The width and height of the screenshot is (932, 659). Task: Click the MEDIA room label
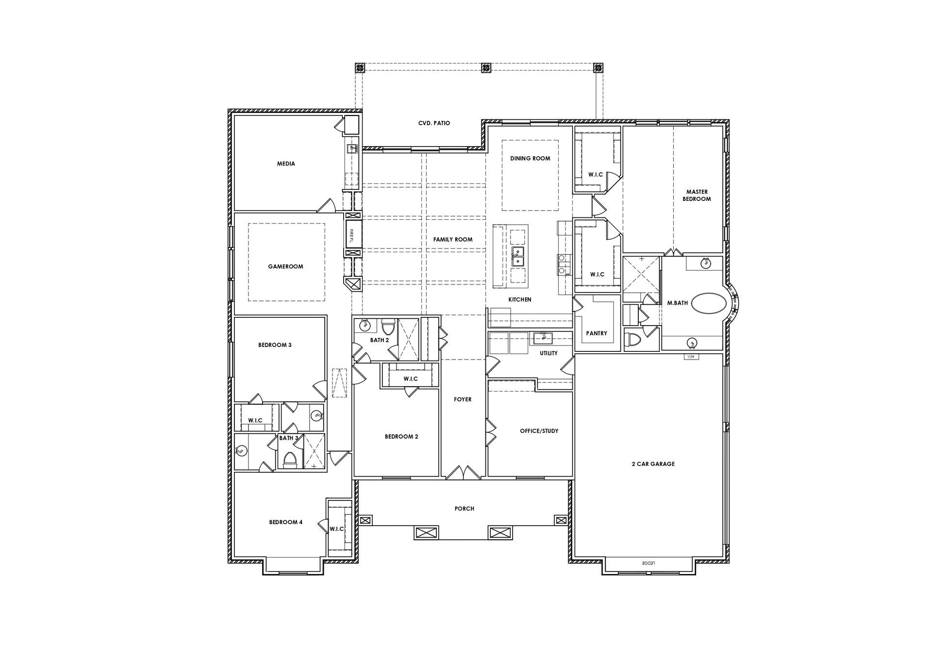point(286,164)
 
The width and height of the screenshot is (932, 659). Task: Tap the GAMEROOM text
point(285,266)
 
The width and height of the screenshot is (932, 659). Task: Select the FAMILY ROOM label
point(452,239)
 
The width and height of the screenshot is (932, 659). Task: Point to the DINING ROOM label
point(530,158)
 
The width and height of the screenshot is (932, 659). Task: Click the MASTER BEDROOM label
point(697,195)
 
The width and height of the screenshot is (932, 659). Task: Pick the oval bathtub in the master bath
point(709,303)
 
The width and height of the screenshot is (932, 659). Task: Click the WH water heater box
point(691,357)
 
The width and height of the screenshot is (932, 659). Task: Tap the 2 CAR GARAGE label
point(653,464)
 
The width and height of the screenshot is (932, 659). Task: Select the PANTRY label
point(597,333)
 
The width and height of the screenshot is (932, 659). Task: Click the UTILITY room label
point(549,353)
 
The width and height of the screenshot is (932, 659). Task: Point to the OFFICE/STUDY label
point(539,431)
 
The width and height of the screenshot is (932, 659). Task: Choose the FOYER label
point(463,399)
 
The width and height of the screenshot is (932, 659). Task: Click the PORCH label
point(464,509)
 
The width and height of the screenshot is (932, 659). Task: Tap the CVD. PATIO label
point(434,123)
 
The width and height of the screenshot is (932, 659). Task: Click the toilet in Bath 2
point(388,325)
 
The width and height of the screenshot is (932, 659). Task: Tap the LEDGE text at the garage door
point(648,563)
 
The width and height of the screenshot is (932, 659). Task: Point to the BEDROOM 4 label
point(286,522)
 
